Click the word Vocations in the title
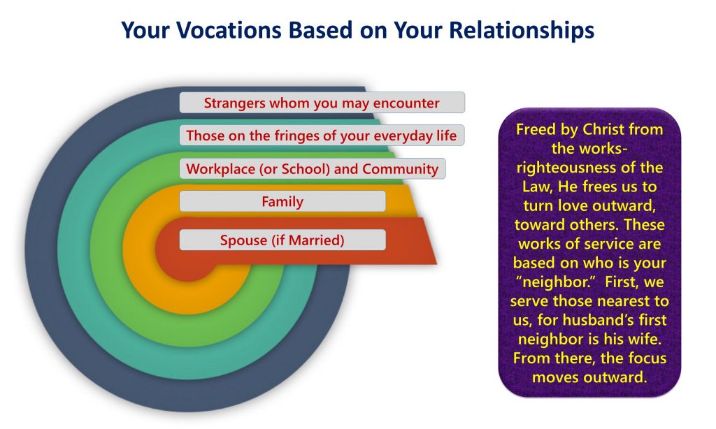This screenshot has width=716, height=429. pyautogui.click(x=229, y=30)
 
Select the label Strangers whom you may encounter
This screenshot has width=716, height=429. pyautogui.click(x=322, y=103)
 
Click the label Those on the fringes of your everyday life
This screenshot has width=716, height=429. pyautogui.click(x=322, y=136)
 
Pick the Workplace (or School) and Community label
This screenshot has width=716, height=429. pyautogui.click(x=313, y=168)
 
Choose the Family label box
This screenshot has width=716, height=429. pyautogui.click(x=282, y=201)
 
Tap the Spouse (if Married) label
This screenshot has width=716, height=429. pyautogui.click(x=282, y=240)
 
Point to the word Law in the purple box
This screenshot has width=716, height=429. pyautogui.click(x=536, y=187)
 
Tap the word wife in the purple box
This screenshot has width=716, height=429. pyautogui.click(x=645, y=339)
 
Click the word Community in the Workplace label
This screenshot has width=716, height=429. pyautogui.click(x=400, y=169)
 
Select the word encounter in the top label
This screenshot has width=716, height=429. pyautogui.click(x=406, y=103)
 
